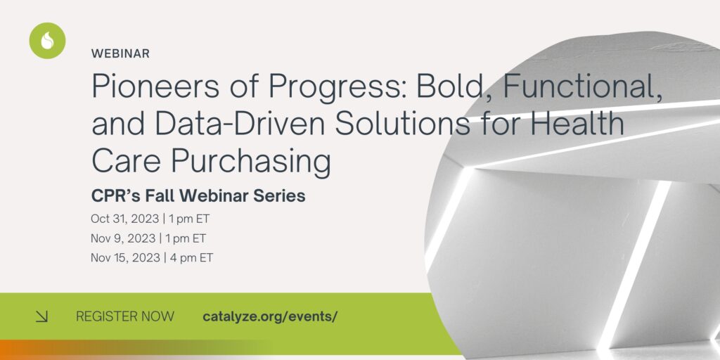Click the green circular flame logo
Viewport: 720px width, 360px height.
click(47, 41)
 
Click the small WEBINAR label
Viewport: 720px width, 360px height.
click(120, 53)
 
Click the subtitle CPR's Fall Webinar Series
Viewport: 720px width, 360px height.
click(198, 196)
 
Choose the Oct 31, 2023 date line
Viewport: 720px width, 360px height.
click(150, 219)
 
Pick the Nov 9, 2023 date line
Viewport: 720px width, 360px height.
click(148, 238)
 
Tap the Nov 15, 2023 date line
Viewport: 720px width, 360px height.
click(152, 258)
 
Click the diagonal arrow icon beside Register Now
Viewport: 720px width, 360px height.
click(42, 317)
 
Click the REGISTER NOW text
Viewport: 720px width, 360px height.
click(125, 316)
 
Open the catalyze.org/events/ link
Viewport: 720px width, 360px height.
click(270, 316)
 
